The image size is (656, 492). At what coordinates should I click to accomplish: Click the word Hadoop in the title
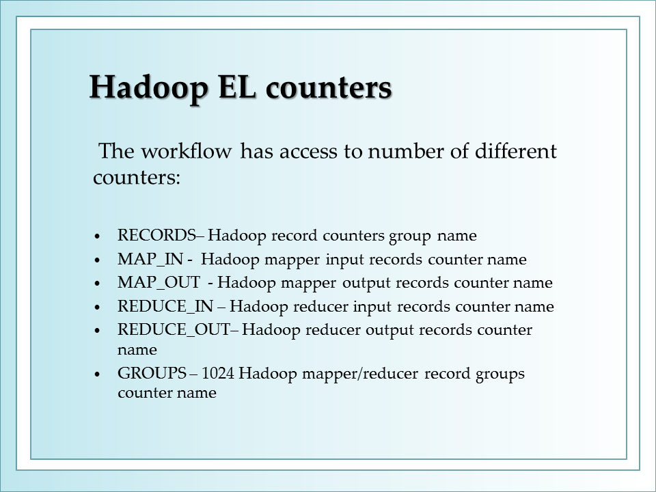pos(148,88)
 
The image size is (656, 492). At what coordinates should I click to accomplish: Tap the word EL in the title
pos(237,87)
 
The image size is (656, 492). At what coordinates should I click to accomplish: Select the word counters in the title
pos(329,88)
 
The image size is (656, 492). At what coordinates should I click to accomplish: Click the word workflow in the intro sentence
pos(187,151)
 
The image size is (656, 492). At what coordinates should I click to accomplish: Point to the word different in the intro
pos(516,151)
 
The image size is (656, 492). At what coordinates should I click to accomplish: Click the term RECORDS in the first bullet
pos(157,235)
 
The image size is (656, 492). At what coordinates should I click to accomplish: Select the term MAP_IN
pos(150,260)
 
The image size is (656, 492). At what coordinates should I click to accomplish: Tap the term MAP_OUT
pos(159,283)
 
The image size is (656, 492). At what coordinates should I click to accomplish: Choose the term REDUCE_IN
pos(165,307)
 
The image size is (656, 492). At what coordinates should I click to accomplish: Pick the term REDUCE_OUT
pos(174,330)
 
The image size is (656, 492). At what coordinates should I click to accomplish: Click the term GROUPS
pos(152,373)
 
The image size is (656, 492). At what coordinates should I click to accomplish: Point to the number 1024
pos(217,373)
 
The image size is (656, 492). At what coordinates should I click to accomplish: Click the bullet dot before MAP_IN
pos(98,260)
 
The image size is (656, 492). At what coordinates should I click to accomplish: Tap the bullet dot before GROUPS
pos(98,374)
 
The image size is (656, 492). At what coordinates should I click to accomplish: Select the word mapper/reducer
pos(360,374)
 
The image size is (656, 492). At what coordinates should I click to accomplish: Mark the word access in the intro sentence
pos(308,152)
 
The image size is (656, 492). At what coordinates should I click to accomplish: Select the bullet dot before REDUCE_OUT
pos(98,331)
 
